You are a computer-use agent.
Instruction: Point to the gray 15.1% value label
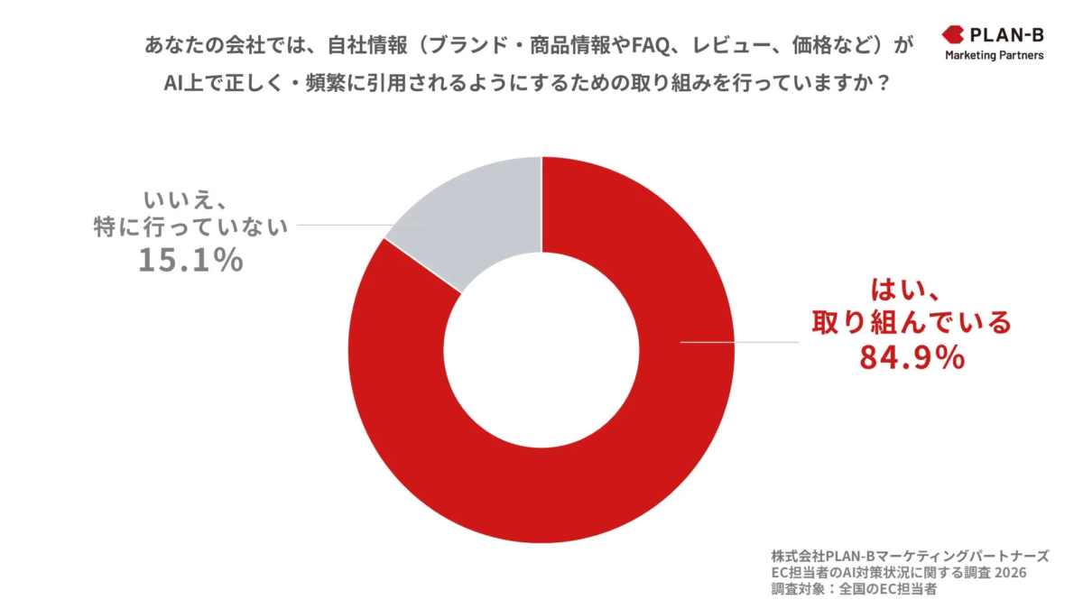tap(190, 260)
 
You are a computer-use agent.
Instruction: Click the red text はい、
tap(907, 291)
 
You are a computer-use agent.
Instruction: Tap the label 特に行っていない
tap(190, 227)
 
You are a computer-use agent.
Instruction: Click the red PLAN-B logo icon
tap(952, 35)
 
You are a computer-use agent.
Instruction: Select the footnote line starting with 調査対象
tap(854, 590)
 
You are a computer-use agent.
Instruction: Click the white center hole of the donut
tap(541, 350)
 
